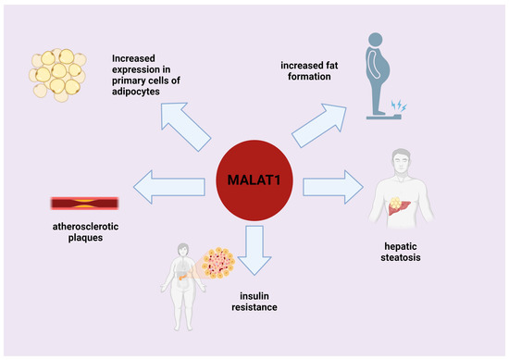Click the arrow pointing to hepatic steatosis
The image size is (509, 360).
(334, 182)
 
